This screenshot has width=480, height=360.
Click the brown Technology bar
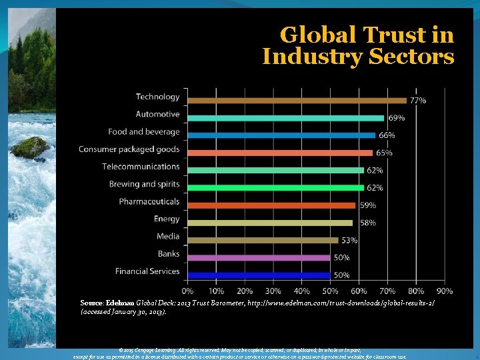point(297,100)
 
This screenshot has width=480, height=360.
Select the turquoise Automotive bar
point(285,118)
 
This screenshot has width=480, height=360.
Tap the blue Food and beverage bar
point(281,135)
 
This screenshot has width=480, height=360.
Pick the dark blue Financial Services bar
point(259,275)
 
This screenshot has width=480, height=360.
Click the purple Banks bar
point(259,257)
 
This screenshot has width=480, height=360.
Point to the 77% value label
point(418,101)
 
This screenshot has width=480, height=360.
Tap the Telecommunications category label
point(141,167)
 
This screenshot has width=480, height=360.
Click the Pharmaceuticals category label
point(149,201)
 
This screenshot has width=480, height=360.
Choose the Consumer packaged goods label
point(129,149)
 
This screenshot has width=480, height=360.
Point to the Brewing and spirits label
point(145,184)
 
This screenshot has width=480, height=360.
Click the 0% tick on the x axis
point(188,291)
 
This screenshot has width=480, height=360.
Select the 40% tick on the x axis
point(302,291)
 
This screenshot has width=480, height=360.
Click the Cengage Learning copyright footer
point(240,353)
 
